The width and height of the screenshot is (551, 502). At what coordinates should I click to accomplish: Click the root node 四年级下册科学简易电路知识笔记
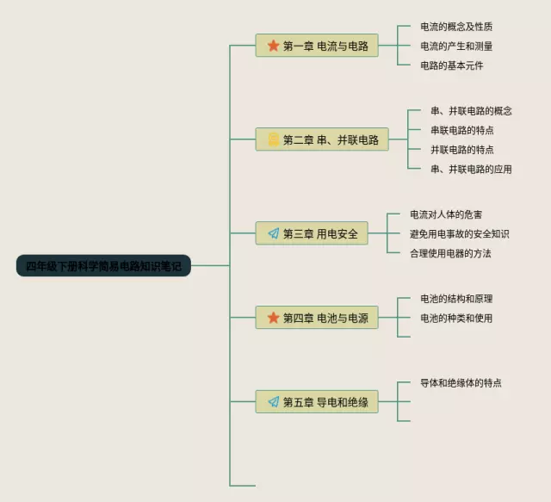pyautogui.click(x=102, y=265)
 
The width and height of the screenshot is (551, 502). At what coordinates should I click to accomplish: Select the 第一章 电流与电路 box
pyautogui.click(x=317, y=46)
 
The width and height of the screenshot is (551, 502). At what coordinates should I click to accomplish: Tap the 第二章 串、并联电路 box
pyautogui.click(x=321, y=139)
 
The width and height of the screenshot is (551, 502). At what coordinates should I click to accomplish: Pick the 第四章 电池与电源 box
pyautogui.click(x=317, y=318)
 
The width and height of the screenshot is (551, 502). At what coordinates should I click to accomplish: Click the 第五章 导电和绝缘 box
pyautogui.click(x=317, y=401)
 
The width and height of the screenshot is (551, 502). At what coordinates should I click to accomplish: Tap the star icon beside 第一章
pyautogui.click(x=273, y=46)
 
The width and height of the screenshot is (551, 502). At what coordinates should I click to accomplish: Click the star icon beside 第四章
pyautogui.click(x=273, y=318)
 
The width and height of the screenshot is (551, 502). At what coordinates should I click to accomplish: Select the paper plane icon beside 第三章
pyautogui.click(x=273, y=233)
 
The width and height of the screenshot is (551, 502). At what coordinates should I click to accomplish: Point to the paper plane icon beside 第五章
pyautogui.click(x=273, y=401)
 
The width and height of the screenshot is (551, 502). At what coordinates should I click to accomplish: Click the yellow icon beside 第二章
pyautogui.click(x=273, y=139)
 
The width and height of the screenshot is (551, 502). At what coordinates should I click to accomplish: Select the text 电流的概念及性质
pyautogui.click(x=455, y=27)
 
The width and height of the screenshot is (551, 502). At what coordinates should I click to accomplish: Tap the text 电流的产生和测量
pyautogui.click(x=455, y=46)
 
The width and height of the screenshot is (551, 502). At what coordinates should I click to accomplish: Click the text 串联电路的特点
pyautogui.click(x=461, y=130)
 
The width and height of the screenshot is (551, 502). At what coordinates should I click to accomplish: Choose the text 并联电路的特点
pyautogui.click(x=461, y=149)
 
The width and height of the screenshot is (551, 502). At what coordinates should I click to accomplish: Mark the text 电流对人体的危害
pyautogui.click(x=451, y=214)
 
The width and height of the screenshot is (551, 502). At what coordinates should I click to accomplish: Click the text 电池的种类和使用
pyautogui.click(x=455, y=318)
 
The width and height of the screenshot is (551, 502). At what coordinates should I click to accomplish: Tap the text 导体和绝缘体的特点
pyautogui.click(x=461, y=382)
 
